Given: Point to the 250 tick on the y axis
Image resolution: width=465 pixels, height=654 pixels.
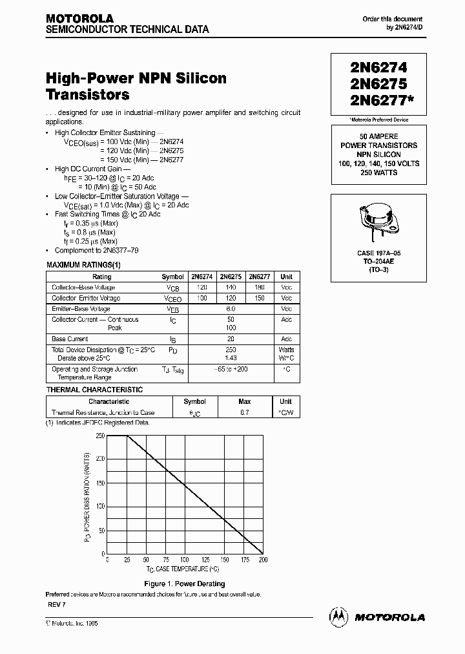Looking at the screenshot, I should pos(100,436).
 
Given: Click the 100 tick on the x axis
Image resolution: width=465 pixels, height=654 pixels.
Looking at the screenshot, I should pos(185,560).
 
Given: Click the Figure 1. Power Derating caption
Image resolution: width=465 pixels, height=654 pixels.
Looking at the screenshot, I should pos(185,584).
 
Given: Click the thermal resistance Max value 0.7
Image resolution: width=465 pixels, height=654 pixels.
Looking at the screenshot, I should pos(245,412).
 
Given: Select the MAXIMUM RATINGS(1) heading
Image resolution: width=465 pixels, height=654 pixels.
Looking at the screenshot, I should pos(83,264).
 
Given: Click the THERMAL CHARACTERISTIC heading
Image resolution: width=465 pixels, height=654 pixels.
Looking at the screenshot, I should pos(94,390).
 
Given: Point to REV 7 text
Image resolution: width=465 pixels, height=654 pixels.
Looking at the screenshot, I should pos(57,604).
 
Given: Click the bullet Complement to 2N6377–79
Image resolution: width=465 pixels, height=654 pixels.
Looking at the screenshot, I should pos(97,250).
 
